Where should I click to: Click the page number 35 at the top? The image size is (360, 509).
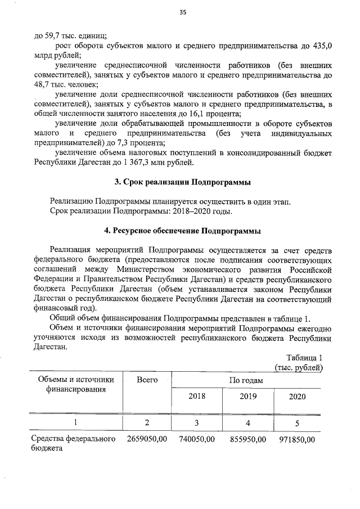pyautogui.click(x=182, y=14)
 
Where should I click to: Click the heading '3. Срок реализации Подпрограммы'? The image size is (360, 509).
pyautogui.click(x=182, y=182)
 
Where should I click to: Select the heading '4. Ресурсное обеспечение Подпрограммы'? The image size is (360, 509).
pyautogui.click(x=182, y=231)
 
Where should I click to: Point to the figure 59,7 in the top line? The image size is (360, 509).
pyautogui.click(x=50, y=34)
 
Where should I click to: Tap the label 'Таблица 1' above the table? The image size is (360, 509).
pyautogui.click(x=304, y=358)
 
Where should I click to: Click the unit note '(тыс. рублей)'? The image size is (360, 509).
pyautogui.click(x=298, y=368)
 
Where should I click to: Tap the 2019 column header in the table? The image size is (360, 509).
pyautogui.click(x=247, y=397)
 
